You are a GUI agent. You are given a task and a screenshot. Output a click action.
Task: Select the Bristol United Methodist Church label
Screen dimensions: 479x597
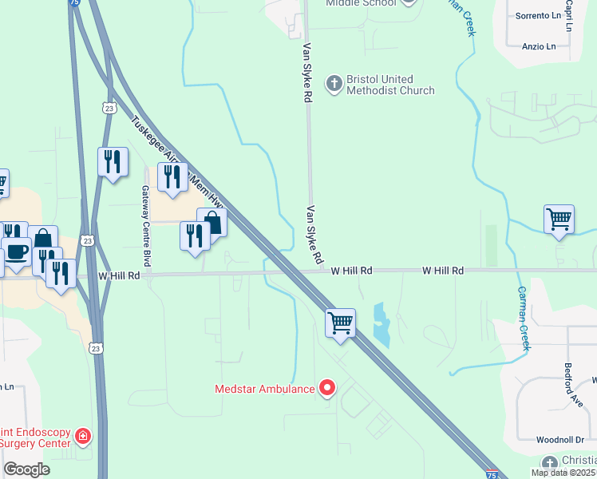[390, 85]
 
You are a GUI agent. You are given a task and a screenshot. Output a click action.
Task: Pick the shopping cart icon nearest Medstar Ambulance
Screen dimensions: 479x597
[340, 324]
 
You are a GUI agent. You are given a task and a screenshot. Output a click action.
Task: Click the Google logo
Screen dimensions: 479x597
[26, 469]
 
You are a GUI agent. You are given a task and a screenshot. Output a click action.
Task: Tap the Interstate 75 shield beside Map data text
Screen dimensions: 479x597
[493, 473]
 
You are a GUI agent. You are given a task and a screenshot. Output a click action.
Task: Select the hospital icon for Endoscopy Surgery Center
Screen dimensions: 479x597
[82, 436]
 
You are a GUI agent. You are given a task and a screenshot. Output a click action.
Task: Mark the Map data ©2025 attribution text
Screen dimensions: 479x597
[563, 473]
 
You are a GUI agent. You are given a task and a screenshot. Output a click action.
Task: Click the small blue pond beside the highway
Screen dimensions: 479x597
[382, 324]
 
